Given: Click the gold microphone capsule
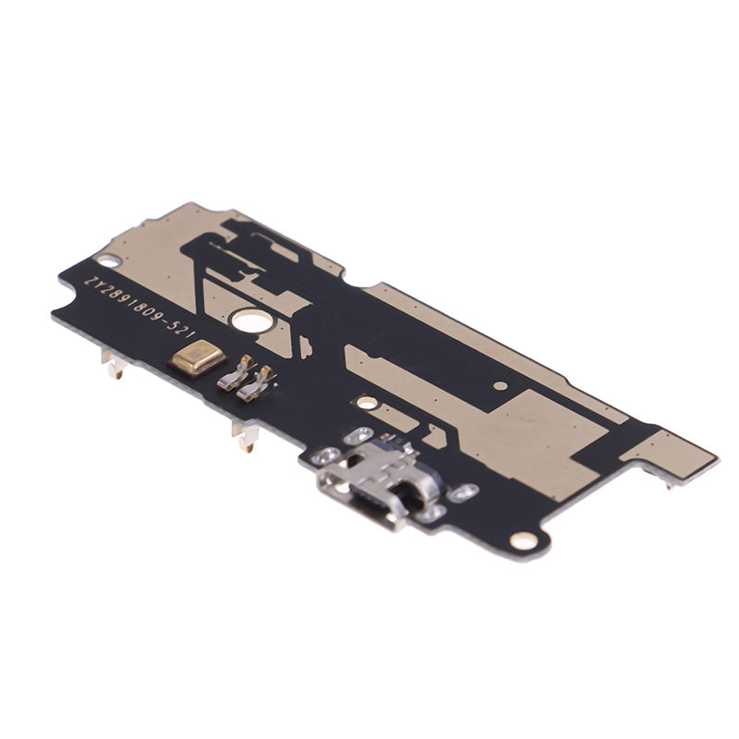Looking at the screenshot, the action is (x=198, y=355).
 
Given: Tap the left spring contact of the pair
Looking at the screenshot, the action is (x=235, y=374).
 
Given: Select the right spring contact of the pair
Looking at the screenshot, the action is (x=255, y=384).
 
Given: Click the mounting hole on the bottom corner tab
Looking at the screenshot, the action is (x=521, y=539).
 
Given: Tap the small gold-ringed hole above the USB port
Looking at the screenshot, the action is (x=367, y=403).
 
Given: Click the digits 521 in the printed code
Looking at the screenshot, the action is (x=180, y=330).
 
